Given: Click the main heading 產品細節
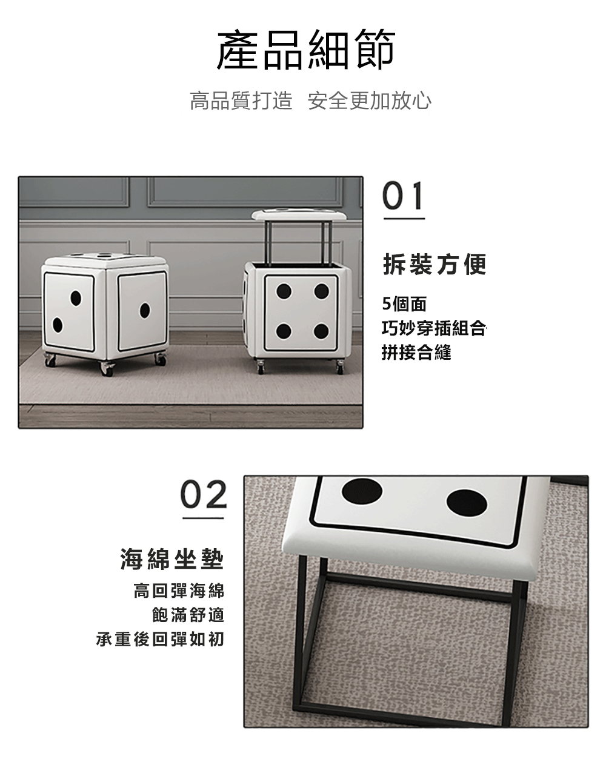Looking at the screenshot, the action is [306, 50].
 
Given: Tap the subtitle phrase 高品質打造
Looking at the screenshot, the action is [241, 101].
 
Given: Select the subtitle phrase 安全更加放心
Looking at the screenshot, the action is [370, 101].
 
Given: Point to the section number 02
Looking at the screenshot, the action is [204, 494].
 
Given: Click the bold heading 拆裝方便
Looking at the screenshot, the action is [435, 265].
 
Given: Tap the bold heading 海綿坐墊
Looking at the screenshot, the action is [172, 559].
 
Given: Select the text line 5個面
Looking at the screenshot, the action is [404, 304].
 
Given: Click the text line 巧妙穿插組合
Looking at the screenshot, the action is [434, 328].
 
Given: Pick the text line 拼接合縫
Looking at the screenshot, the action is [416, 353].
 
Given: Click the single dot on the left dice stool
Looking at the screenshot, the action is [144, 310].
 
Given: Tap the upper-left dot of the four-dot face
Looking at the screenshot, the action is [284, 291].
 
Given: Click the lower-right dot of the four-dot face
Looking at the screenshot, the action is [321, 331].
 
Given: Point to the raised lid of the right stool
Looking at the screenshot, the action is [299, 214].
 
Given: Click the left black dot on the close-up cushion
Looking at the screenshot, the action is [362, 491].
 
